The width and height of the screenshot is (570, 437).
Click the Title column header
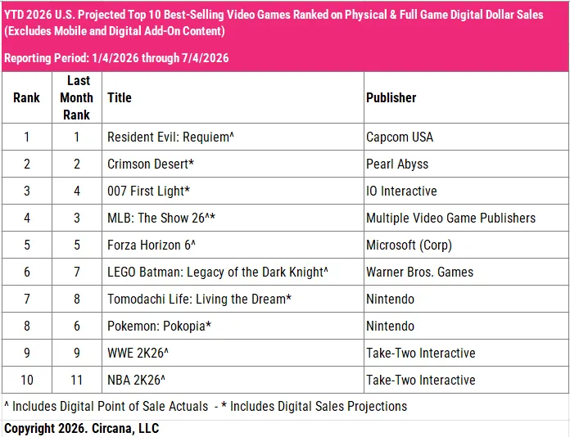pyautogui.click(x=120, y=97)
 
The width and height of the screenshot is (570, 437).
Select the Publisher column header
pyautogui.click(x=391, y=97)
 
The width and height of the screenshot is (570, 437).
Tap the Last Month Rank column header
pyautogui.click(x=76, y=97)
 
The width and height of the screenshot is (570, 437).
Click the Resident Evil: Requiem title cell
pyautogui.click(x=170, y=137)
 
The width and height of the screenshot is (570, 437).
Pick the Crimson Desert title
pyautogui.click(x=151, y=164)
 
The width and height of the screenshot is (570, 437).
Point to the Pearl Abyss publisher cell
pyautogui.click(x=397, y=164)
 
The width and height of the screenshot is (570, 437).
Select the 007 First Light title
pyautogui.click(x=149, y=191)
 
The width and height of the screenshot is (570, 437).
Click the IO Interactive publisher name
pyautogui.click(x=401, y=191)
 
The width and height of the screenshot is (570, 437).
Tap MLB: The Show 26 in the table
pyautogui.click(x=161, y=218)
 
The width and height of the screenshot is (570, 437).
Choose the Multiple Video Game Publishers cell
pyautogui.click(x=450, y=218)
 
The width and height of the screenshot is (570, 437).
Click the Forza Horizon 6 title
pyautogui.click(x=152, y=245)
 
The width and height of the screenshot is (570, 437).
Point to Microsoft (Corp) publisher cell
pyautogui.click(x=409, y=245)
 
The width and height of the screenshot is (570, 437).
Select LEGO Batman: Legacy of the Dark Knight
pyautogui.click(x=218, y=272)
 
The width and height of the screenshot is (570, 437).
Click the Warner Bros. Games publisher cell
pyautogui.click(x=419, y=272)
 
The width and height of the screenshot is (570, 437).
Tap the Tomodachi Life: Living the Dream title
pyautogui.click(x=199, y=299)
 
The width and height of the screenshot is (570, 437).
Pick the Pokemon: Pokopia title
pyautogui.click(x=159, y=326)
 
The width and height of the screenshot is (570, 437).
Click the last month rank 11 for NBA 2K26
pyautogui.click(x=76, y=380)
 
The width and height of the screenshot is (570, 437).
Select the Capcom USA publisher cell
pyautogui.click(x=400, y=137)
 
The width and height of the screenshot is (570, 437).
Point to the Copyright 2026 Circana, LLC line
pyautogui.click(x=82, y=428)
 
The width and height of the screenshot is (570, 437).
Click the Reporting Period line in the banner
pyautogui.click(x=116, y=58)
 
